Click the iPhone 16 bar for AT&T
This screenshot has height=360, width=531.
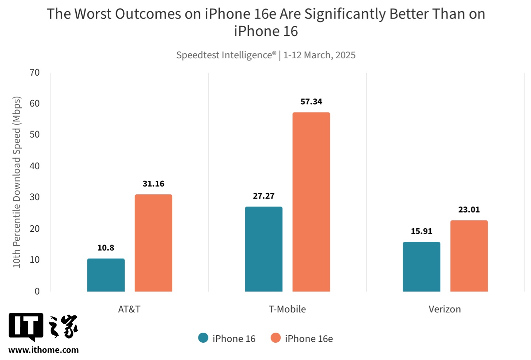point(106,275)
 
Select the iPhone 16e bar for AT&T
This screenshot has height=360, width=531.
point(153,243)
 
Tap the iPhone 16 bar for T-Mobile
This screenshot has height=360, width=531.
point(264,249)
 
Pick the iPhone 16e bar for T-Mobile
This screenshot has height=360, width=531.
point(311,202)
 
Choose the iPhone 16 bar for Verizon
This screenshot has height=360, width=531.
point(421,267)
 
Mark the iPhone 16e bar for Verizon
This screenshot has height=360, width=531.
point(469,256)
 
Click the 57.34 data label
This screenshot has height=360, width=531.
point(311,101)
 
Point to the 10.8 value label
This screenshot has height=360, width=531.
point(106,248)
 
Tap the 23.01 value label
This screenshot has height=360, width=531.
point(469,210)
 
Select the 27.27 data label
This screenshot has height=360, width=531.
point(264,196)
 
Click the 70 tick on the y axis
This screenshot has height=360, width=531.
point(35,73)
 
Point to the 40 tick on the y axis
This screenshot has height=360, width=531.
point(35,166)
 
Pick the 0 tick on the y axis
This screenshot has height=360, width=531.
point(37,291)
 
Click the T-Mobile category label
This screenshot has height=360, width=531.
point(287,309)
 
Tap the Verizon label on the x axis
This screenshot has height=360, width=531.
point(444,309)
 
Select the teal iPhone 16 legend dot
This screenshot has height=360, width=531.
point(203,338)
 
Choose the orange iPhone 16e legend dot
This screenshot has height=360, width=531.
point(275,338)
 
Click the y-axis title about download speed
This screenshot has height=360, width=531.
point(17,182)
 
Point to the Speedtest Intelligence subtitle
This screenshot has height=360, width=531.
point(265,55)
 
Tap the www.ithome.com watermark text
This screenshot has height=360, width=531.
point(44,350)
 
